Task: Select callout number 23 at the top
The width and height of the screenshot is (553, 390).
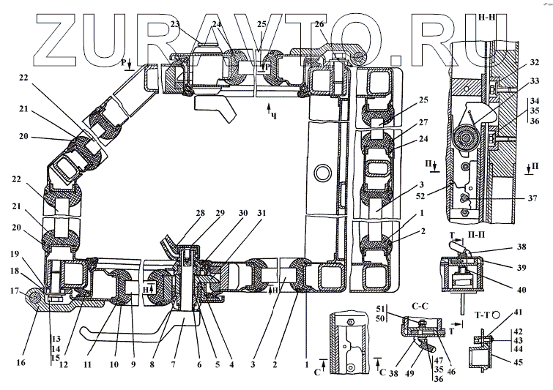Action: (174, 24)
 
